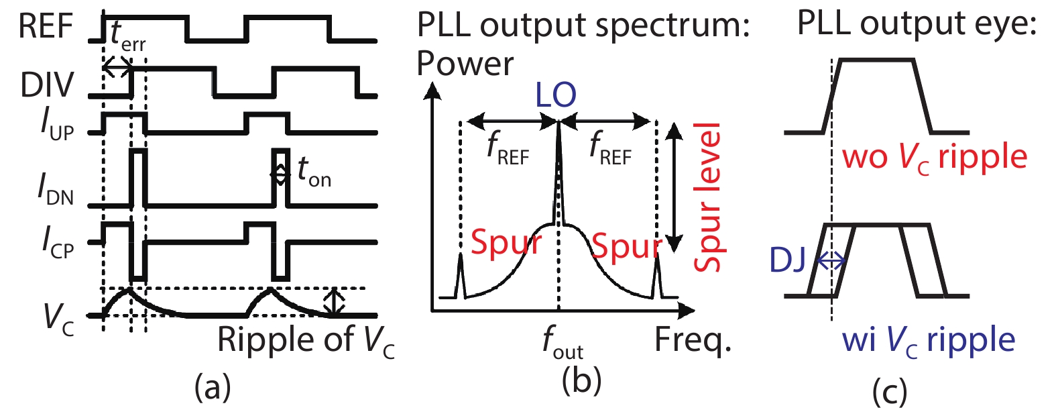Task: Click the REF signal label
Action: pos(46,27)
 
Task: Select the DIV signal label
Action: pos(47,85)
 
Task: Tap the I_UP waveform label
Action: pos(57,125)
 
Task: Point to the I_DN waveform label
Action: pos(55,190)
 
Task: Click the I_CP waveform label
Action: pos(58,242)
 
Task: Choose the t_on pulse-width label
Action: pos(314,172)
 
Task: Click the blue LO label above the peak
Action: pos(556,96)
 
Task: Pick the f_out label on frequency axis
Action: pos(563,343)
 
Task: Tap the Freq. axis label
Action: pos(692,340)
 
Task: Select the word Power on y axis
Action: pos(465,64)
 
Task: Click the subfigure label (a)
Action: pos(212,387)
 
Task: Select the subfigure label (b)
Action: pos(581,380)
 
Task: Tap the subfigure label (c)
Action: pos(889,391)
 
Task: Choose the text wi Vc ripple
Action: pos(929,340)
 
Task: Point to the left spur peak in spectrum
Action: pos(461,275)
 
